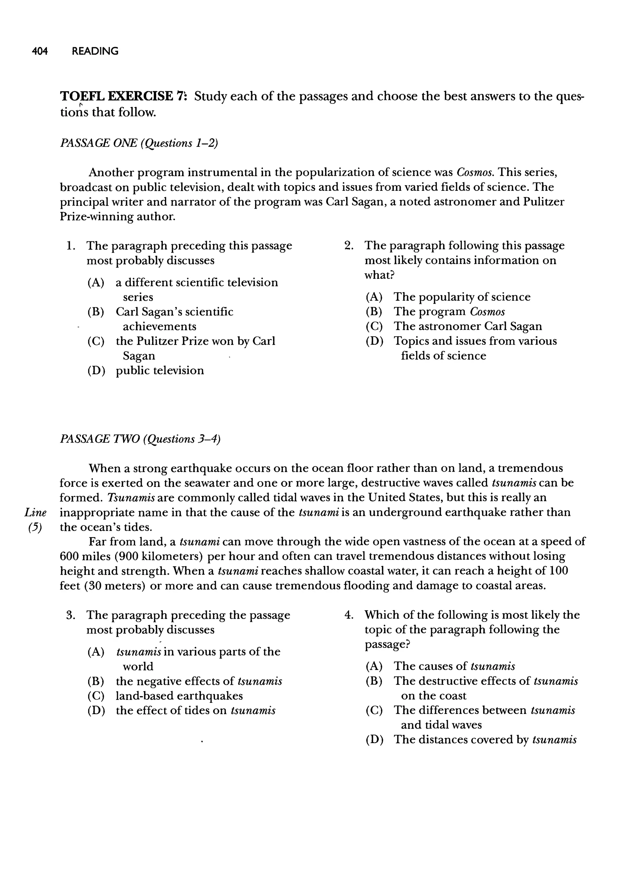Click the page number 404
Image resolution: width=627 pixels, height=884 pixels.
click(x=40, y=51)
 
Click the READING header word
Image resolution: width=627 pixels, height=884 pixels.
click(x=95, y=51)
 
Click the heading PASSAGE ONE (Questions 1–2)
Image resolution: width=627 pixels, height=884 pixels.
click(x=139, y=143)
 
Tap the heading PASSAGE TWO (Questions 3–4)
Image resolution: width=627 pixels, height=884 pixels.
click(x=140, y=439)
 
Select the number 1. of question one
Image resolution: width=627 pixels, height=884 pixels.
click(x=70, y=246)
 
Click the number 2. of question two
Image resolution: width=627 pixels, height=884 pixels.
click(x=349, y=246)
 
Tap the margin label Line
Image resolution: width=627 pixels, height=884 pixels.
click(x=36, y=513)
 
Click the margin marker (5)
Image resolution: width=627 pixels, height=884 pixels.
click(x=35, y=527)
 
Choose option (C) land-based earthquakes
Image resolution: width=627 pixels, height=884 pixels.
click(x=179, y=696)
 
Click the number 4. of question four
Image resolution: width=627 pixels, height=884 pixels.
click(x=349, y=615)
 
